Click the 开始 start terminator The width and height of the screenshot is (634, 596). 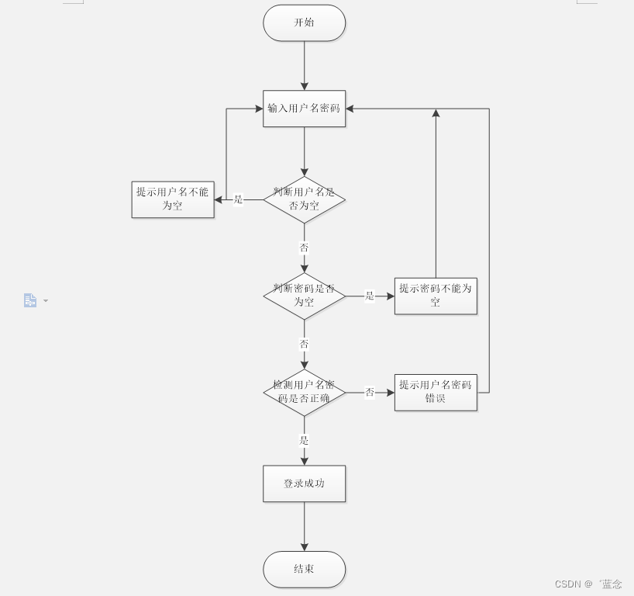click(x=304, y=23)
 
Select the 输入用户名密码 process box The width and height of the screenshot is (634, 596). click(x=304, y=109)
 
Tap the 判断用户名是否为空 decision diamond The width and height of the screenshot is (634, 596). click(x=304, y=199)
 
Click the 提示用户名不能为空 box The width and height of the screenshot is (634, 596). click(x=173, y=199)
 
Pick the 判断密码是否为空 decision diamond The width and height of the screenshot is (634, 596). click(x=304, y=296)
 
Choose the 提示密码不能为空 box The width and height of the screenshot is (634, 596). click(x=436, y=296)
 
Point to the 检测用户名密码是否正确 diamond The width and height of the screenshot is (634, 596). click(x=304, y=392)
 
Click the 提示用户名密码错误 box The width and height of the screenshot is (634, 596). click(x=436, y=392)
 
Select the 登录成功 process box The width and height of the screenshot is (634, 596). click(x=304, y=483)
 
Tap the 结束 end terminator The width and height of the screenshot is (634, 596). click(x=304, y=570)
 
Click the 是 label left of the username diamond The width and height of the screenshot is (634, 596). click(x=238, y=199)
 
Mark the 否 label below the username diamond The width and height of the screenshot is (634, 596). click(x=304, y=248)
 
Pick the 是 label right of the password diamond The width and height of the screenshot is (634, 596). click(x=370, y=296)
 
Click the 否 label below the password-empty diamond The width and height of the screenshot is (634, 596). click(x=304, y=344)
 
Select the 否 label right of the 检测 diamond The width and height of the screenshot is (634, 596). click(x=370, y=393)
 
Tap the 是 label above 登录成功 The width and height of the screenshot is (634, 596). click(x=304, y=441)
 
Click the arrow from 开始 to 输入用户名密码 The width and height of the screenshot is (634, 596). click(x=304, y=66)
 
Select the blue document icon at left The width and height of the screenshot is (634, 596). click(x=30, y=300)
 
